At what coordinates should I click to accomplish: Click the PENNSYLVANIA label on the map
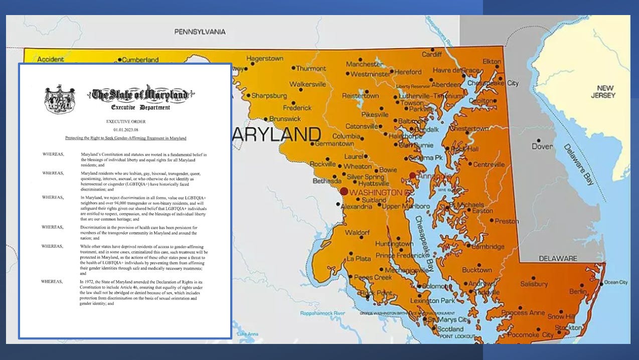pyautogui.click(x=200, y=32)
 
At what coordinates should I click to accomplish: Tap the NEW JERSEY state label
pyautogui.click(x=602, y=91)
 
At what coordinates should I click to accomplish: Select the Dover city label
pyautogui.click(x=542, y=146)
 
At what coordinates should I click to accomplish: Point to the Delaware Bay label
pyautogui.click(x=578, y=164)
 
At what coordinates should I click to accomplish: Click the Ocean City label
pyautogui.click(x=615, y=282)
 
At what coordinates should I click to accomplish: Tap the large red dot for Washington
pyautogui.click(x=344, y=191)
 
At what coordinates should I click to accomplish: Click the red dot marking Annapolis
pyautogui.click(x=412, y=175)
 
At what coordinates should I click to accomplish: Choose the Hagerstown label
pyautogui.click(x=265, y=59)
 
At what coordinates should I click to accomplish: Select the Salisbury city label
pyautogui.click(x=534, y=284)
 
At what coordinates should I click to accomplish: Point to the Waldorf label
pyautogui.click(x=357, y=233)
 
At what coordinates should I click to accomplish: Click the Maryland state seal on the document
pyautogui.click(x=60, y=99)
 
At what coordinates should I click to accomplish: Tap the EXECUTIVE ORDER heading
pyautogui.click(x=125, y=121)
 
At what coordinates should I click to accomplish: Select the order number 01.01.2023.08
pyautogui.click(x=125, y=129)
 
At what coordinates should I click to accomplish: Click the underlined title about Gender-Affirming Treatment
pyautogui.click(x=125, y=138)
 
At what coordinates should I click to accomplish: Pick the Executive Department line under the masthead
pyautogui.click(x=140, y=107)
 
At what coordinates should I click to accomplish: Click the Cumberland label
pyautogui.click(x=140, y=60)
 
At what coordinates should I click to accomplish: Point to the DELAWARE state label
pyautogui.click(x=558, y=258)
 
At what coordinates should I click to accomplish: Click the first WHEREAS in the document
pyautogui.click(x=53, y=154)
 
